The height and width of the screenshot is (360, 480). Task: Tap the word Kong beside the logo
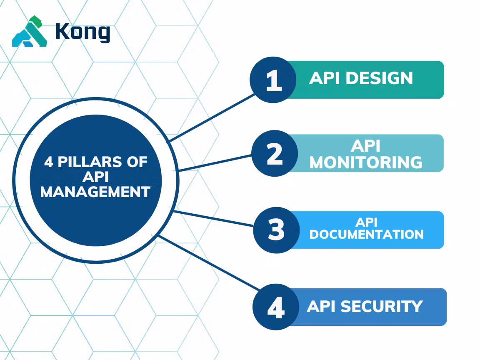82,32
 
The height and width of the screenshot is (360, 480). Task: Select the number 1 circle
273,80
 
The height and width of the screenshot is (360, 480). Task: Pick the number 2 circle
275,153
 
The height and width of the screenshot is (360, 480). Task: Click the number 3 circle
276,230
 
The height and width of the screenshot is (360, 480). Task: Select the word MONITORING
366,162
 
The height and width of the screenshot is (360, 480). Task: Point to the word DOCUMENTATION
366,234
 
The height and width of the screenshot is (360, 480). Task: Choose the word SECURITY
382,306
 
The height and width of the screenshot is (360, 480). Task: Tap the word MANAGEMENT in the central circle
95,192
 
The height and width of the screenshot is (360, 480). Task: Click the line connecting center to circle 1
212,117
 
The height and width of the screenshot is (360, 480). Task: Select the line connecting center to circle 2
215,163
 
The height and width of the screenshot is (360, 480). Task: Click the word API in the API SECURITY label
321,306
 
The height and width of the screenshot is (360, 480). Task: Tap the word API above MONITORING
365,146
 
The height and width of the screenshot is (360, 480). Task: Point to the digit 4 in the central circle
49,162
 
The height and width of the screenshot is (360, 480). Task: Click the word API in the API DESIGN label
323,78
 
